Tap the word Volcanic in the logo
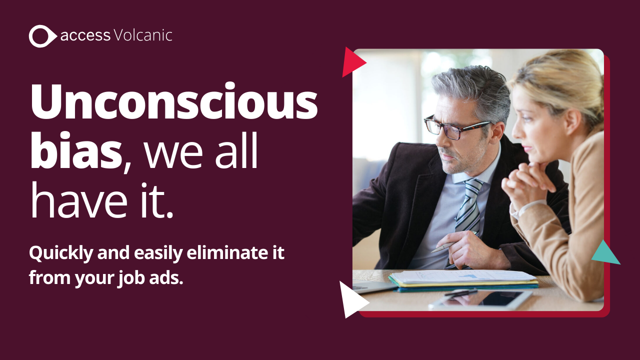point(143,35)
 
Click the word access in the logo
point(85,36)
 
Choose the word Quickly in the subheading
point(61,253)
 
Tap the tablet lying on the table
point(481,299)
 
